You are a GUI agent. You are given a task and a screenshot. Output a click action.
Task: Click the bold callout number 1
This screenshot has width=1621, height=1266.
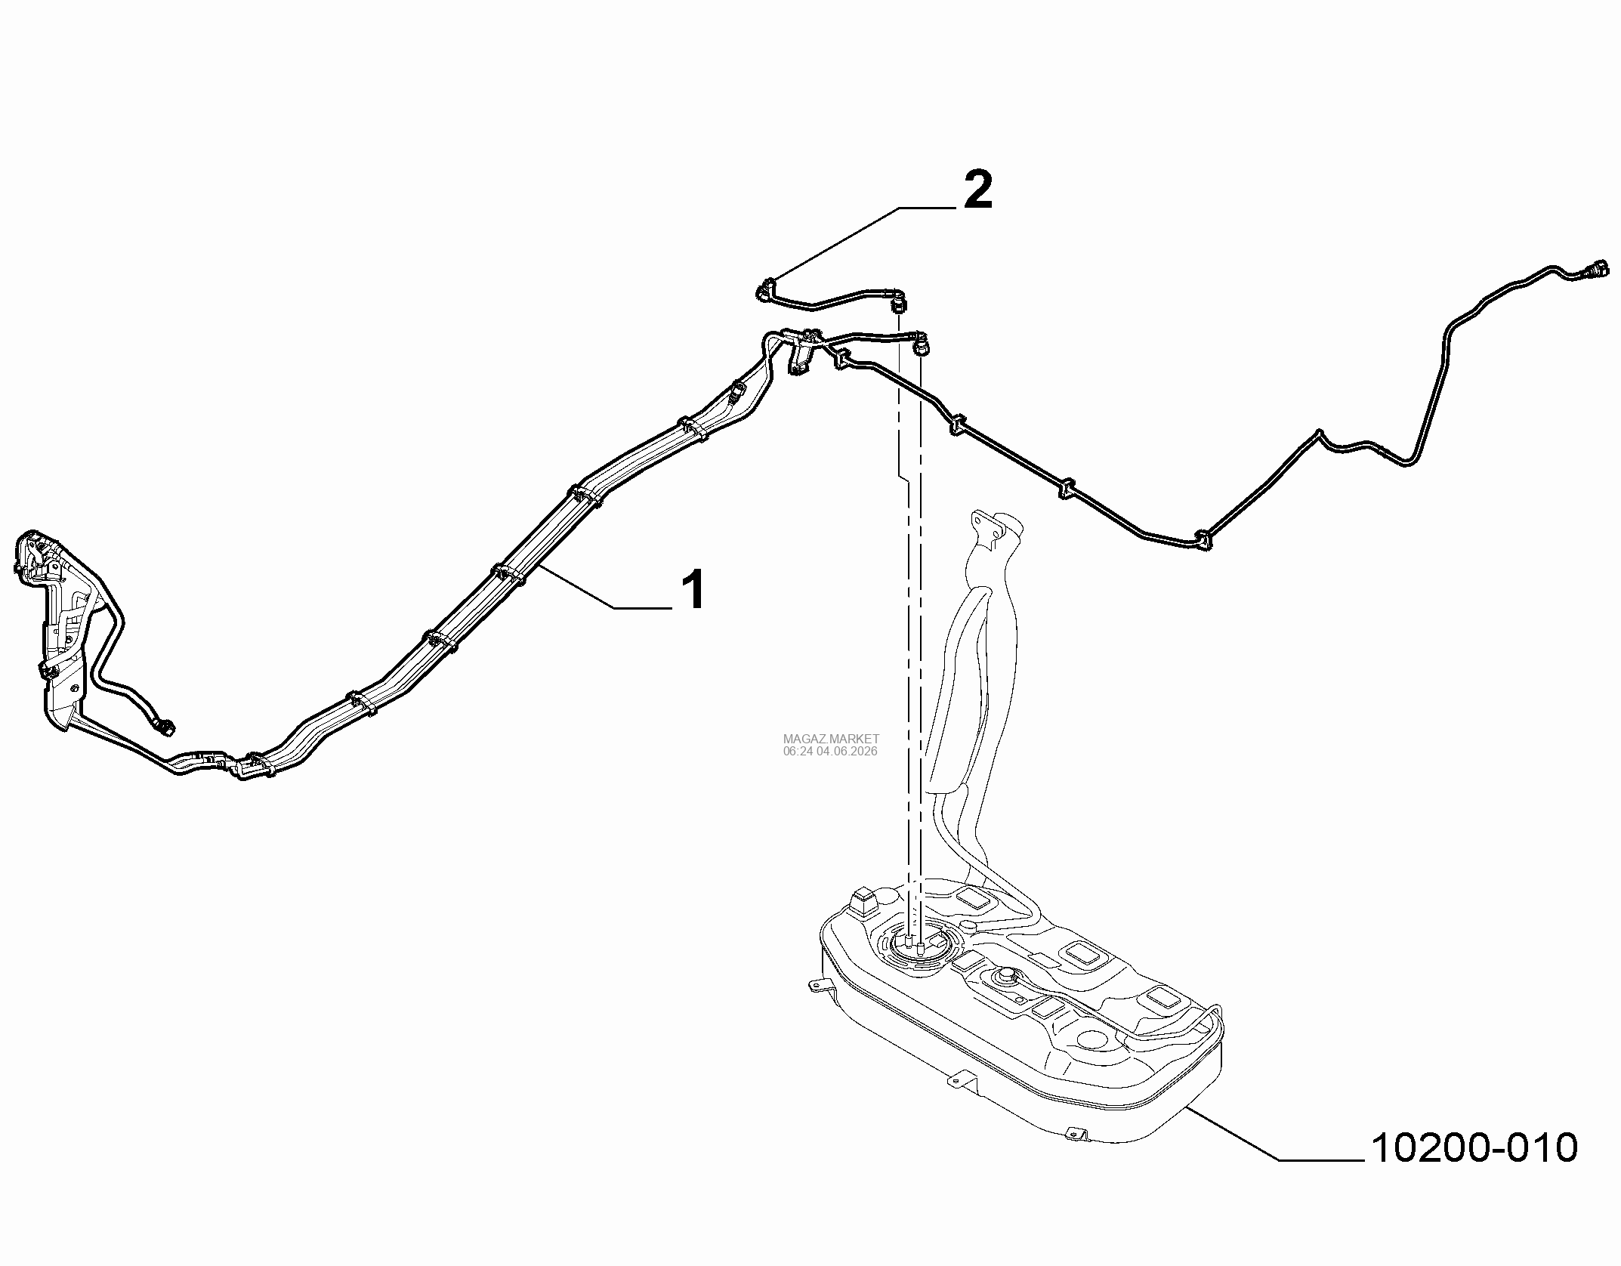click(693, 590)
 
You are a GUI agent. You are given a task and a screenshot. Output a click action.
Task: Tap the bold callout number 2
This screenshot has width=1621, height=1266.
click(976, 191)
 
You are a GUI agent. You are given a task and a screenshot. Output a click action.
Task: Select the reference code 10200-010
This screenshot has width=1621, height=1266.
click(1474, 1169)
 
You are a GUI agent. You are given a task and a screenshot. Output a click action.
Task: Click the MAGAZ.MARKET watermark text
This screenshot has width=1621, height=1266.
click(831, 739)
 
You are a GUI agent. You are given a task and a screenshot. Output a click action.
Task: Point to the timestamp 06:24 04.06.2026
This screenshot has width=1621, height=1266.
click(831, 752)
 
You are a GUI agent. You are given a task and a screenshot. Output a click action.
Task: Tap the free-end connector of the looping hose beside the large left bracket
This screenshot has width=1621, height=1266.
click(165, 726)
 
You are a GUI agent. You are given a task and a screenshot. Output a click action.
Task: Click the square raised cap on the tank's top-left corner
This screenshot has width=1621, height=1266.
click(861, 902)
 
